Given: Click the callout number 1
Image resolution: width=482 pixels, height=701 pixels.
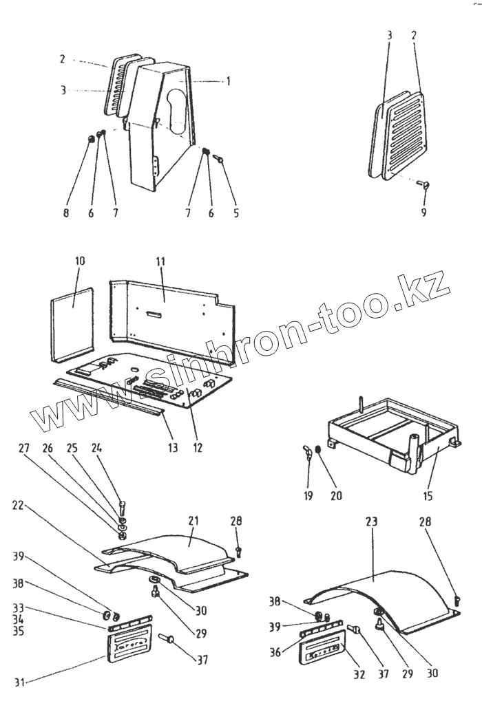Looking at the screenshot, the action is pyautogui.click(x=228, y=81).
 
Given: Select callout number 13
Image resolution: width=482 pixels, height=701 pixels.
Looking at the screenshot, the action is pyautogui.click(x=172, y=448).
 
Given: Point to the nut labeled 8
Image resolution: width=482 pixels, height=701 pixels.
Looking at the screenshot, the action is pyautogui.click(x=90, y=141).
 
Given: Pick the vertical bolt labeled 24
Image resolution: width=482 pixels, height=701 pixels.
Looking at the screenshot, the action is pyautogui.click(x=122, y=510).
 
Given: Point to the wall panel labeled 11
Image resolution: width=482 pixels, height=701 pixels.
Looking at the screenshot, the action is pyautogui.click(x=172, y=310).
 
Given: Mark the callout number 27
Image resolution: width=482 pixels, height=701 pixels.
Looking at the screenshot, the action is pyautogui.click(x=23, y=448).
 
